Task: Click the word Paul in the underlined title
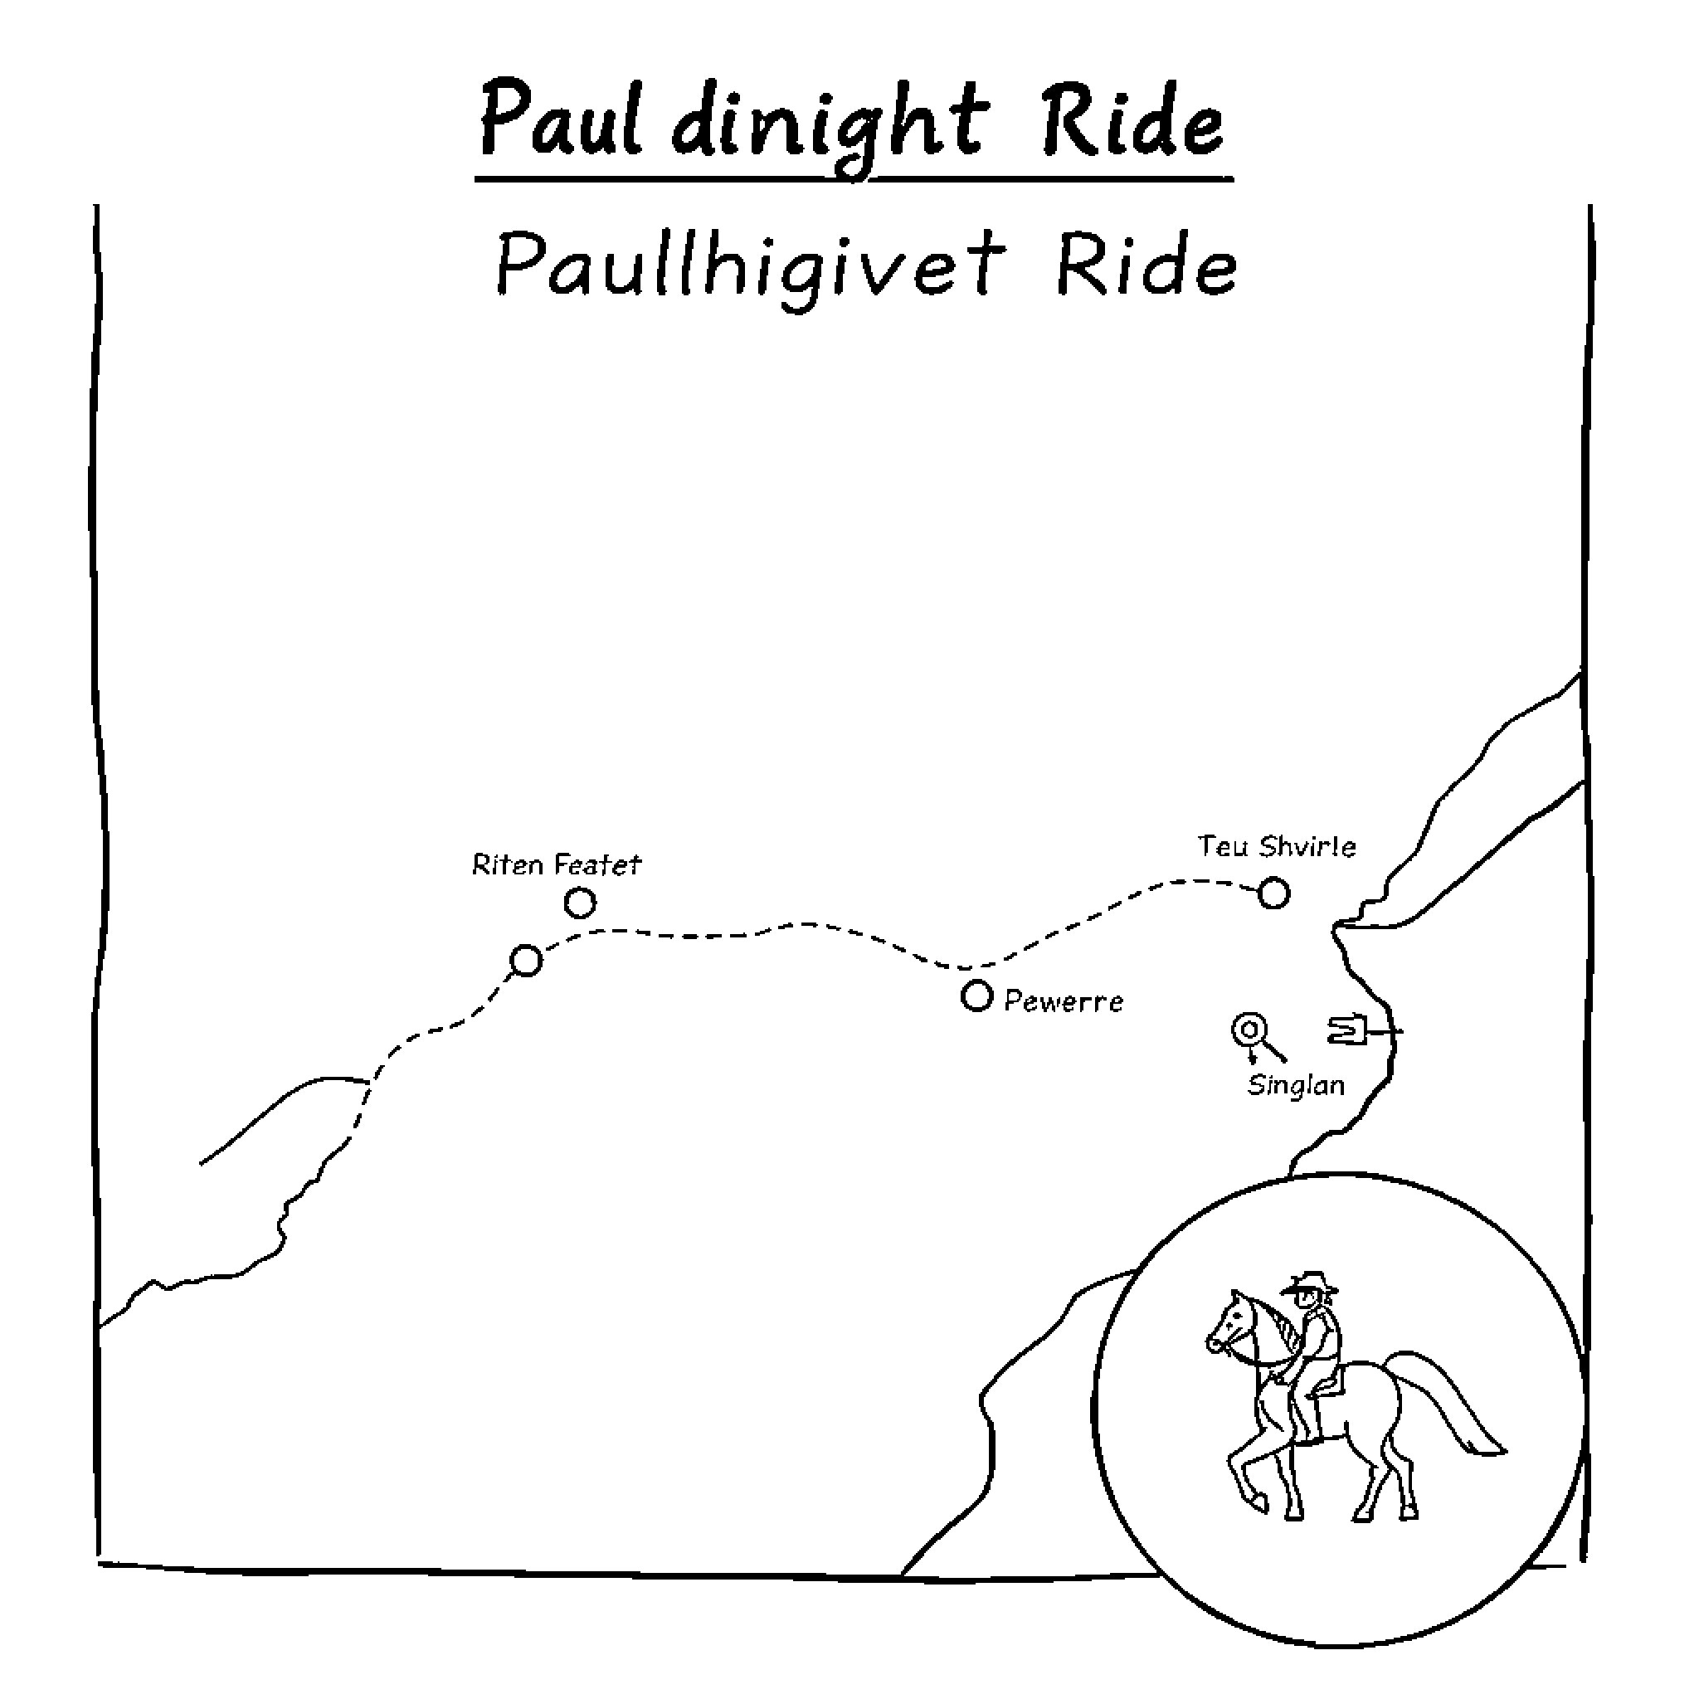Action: coord(560,123)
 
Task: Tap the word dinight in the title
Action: coord(825,128)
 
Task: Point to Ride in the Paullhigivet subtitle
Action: coord(1146,264)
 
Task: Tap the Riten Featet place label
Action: coord(557,865)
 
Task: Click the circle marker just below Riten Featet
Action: coord(580,903)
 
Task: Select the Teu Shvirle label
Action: coord(1276,847)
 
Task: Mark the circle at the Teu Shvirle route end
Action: coord(1273,893)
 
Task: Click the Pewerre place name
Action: coord(1064,1001)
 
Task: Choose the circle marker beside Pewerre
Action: coord(976,996)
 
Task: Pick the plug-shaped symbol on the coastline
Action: coord(1349,1030)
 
